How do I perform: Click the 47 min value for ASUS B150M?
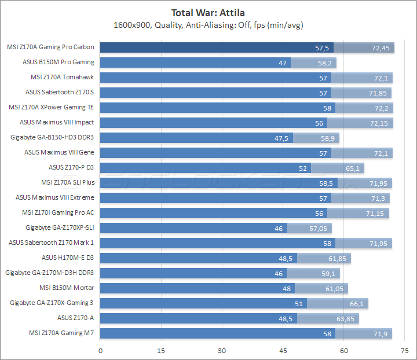click(x=283, y=63)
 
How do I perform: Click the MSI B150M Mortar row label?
click(x=67, y=288)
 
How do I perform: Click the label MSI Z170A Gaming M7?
click(x=62, y=333)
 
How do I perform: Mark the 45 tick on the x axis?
click(x=283, y=351)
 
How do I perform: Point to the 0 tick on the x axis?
click(x=101, y=351)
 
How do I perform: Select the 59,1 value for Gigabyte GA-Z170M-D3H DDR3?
click(x=328, y=273)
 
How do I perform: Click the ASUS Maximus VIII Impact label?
click(x=57, y=122)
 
